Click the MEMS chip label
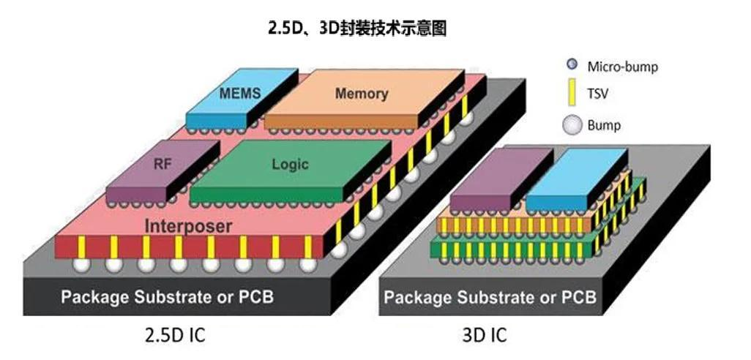[x=240, y=94]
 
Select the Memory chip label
[x=362, y=94]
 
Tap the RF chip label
[x=162, y=164]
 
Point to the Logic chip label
[x=290, y=165]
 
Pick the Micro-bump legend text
[x=623, y=67]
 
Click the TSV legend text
[x=598, y=94]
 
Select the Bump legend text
[x=604, y=125]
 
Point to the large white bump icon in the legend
[x=572, y=126]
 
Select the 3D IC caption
[x=484, y=336]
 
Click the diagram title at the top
[x=356, y=29]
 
